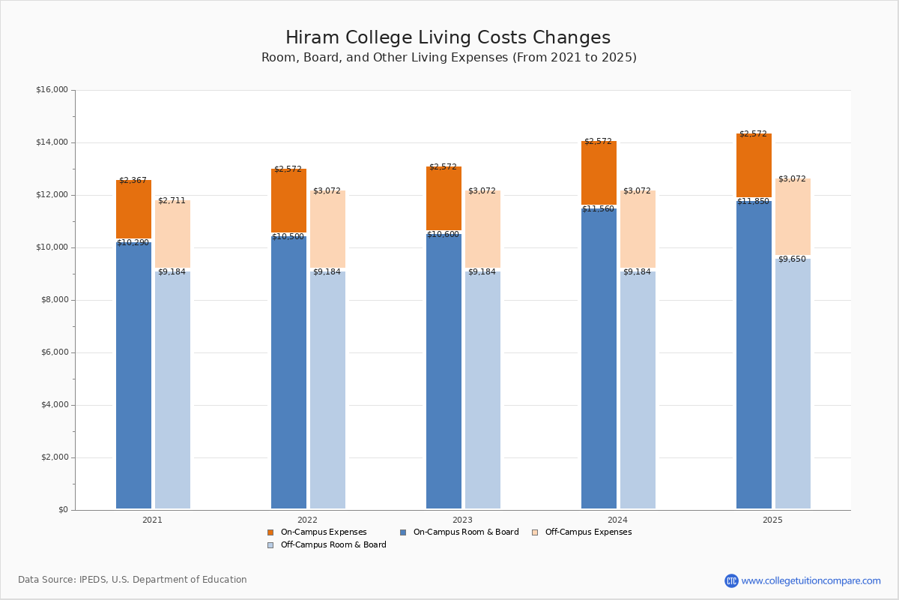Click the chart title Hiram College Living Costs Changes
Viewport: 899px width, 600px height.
[x=448, y=38]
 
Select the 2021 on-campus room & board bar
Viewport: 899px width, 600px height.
[x=133, y=375]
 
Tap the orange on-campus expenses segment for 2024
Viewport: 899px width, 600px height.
[x=599, y=172]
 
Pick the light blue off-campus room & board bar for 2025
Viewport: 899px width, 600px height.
[x=793, y=382]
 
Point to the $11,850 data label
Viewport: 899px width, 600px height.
[x=753, y=202]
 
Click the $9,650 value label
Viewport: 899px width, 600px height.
[x=792, y=259]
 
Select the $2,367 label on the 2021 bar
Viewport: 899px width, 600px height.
[x=133, y=181]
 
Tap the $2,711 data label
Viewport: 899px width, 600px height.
[x=172, y=201]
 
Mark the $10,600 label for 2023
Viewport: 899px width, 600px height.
[x=443, y=235]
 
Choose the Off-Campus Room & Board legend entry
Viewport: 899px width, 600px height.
[x=333, y=545]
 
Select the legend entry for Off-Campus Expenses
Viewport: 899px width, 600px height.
[x=587, y=532]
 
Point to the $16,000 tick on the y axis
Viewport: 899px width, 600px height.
[x=52, y=90]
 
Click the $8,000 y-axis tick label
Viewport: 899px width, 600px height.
[x=54, y=300]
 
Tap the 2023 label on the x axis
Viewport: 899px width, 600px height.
[x=462, y=520]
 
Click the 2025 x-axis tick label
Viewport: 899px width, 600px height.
[x=772, y=520]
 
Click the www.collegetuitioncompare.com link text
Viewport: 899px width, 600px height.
[x=811, y=580]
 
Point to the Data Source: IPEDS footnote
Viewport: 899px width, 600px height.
[x=133, y=580]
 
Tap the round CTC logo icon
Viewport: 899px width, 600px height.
[x=731, y=580]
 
